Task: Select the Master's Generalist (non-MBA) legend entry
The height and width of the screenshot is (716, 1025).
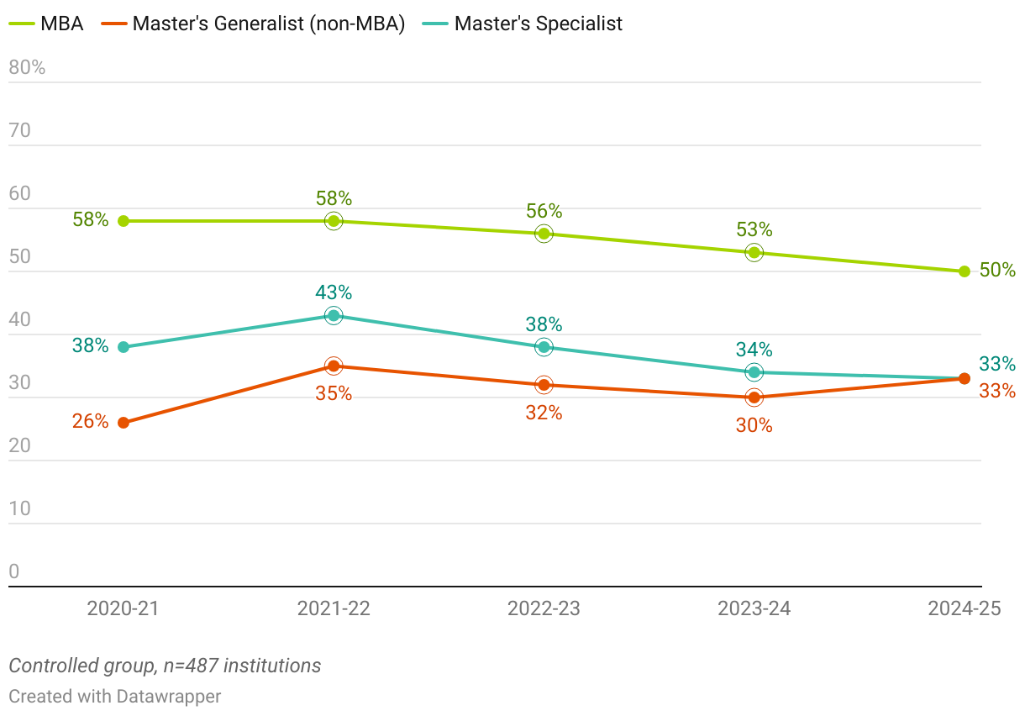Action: pos(253,24)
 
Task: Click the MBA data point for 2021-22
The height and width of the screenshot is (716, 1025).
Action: pos(334,221)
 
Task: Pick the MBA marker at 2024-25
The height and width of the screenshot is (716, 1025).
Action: pos(965,271)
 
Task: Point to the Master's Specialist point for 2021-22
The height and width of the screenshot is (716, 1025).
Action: pos(334,316)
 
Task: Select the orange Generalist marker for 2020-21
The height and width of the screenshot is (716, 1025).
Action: pos(124,423)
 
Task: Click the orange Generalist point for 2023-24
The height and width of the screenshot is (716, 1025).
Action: pos(754,397)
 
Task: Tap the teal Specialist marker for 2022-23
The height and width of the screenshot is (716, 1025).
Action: pos(544,347)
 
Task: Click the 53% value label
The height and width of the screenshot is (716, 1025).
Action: pos(754,230)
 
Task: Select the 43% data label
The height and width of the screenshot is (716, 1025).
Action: pos(334,293)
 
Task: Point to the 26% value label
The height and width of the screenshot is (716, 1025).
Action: pos(90,422)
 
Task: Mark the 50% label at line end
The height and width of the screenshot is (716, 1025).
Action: pos(997,271)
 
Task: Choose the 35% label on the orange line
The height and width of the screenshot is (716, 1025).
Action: pos(334,393)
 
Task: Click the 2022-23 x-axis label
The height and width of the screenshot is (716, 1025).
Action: pos(544,609)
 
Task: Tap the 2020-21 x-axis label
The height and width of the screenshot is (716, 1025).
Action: pos(124,609)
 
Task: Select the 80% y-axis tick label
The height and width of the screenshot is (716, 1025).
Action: pos(27,68)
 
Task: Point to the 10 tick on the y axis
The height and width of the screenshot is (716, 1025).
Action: pos(19,508)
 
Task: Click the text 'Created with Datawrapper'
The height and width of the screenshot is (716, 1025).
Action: pos(115,697)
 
